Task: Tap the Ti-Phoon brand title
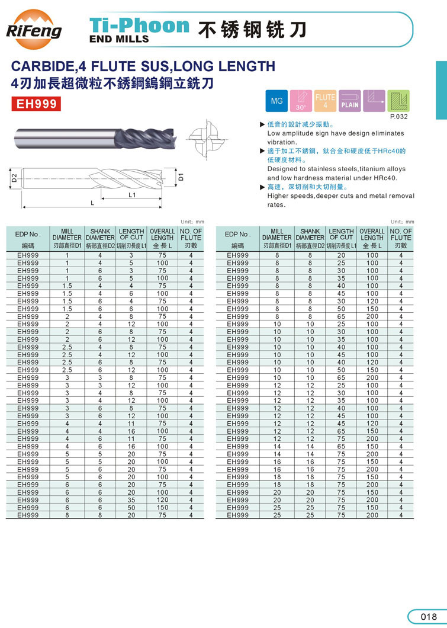click(x=139, y=25)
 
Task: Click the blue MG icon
click(x=277, y=101)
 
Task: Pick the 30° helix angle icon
click(x=301, y=101)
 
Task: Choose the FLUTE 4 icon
click(x=325, y=101)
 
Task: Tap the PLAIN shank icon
click(x=349, y=101)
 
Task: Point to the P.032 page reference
click(x=400, y=117)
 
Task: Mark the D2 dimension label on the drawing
click(x=14, y=177)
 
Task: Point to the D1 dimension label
click(x=182, y=176)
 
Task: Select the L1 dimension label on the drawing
click(x=132, y=194)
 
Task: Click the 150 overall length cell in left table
click(x=162, y=508)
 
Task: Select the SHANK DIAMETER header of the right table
click(x=310, y=235)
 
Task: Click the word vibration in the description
click(x=281, y=142)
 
